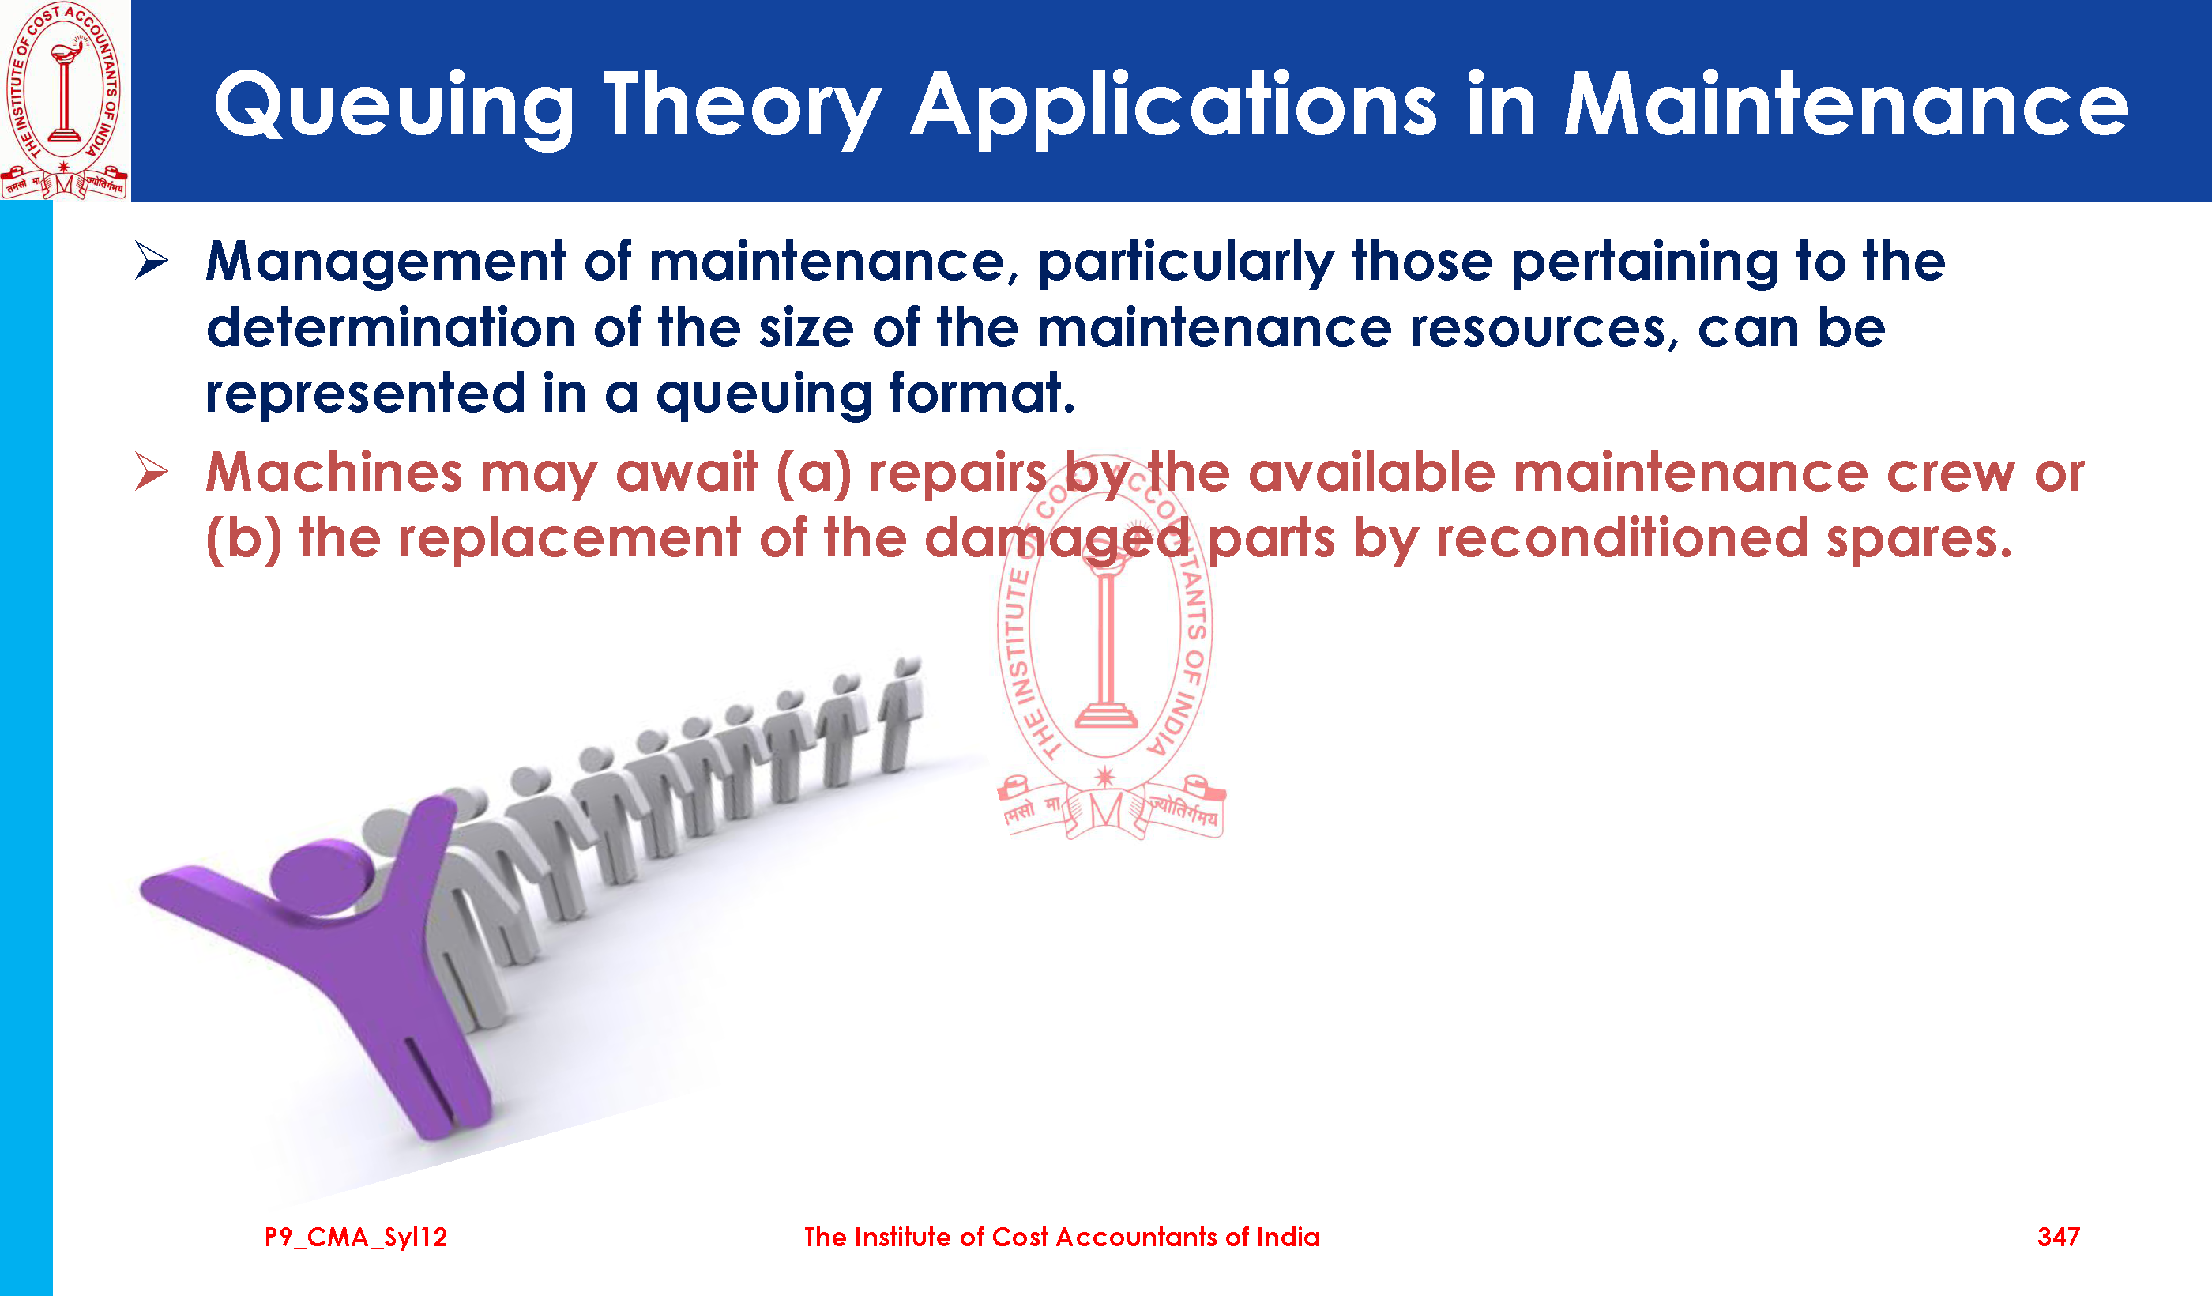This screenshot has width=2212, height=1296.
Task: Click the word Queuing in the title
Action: pos(394,108)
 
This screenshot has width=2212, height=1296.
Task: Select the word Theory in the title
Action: pos(743,108)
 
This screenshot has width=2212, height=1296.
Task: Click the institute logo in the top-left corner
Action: pos(64,100)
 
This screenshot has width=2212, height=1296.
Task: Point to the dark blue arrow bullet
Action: pos(152,261)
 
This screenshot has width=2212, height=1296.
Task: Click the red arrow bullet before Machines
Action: pos(152,472)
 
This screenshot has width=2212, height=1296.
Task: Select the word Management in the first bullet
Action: pos(386,263)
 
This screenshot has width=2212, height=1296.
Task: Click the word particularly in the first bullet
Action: pos(1186,263)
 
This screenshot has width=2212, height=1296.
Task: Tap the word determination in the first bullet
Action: pos(390,329)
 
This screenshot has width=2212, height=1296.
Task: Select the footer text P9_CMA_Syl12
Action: pos(356,1238)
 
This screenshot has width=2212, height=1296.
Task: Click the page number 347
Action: pos(2059,1238)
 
